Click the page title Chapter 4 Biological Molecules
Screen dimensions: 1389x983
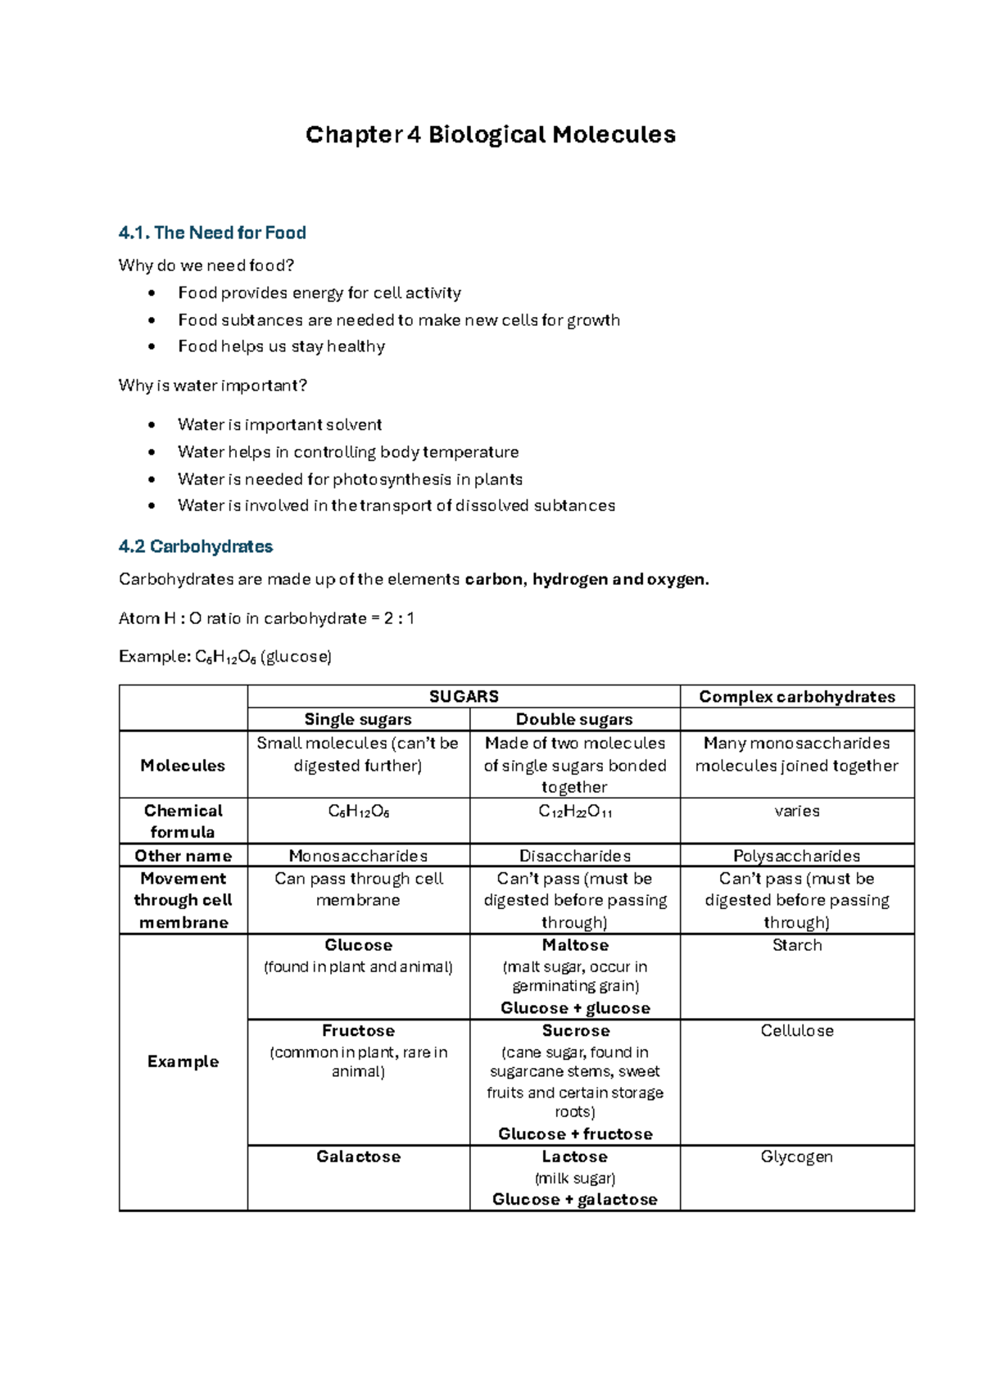(x=490, y=135)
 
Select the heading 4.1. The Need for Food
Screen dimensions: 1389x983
(x=212, y=233)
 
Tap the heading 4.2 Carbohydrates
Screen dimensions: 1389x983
(x=196, y=547)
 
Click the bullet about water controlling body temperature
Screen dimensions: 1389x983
(x=348, y=453)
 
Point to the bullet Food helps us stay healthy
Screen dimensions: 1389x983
(x=281, y=347)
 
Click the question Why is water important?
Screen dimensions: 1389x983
(x=212, y=386)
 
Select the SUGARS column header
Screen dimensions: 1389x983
(x=464, y=697)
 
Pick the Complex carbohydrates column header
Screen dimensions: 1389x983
(x=796, y=697)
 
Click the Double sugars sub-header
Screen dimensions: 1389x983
(x=574, y=720)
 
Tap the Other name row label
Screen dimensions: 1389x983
(x=183, y=856)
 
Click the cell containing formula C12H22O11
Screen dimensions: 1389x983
(x=575, y=812)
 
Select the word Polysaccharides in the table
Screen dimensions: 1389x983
(x=796, y=856)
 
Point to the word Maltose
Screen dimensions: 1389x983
(x=575, y=945)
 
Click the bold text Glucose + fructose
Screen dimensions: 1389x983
(x=575, y=1134)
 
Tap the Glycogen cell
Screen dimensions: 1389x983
(x=796, y=1157)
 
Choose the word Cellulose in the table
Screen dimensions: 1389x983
(x=796, y=1031)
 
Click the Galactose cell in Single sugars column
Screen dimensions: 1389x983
(x=358, y=1157)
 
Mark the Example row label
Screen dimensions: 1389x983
(x=183, y=1062)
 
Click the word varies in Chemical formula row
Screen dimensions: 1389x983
(x=796, y=812)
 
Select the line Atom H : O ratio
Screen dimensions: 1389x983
(x=266, y=619)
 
